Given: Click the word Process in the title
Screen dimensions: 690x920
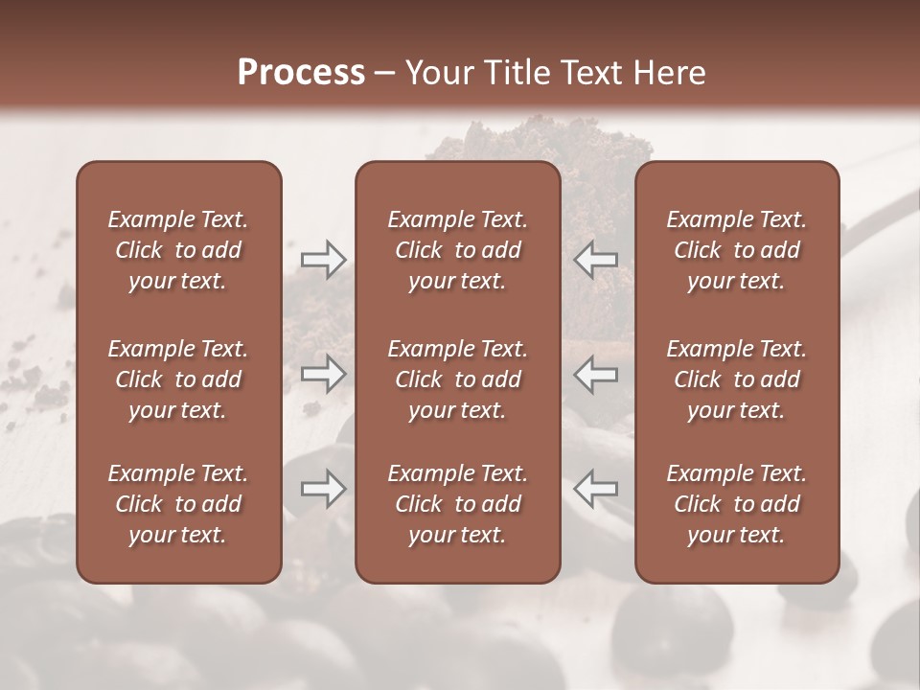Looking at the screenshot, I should (x=301, y=73).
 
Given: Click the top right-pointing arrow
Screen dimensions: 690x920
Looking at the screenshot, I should (x=323, y=259).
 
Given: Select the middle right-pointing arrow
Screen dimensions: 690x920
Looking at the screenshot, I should (x=323, y=374).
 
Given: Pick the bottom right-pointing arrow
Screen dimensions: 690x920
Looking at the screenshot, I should (x=323, y=489).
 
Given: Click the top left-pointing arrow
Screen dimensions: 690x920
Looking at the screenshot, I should (x=596, y=259).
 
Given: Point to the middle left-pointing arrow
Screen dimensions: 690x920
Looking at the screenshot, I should (x=596, y=374).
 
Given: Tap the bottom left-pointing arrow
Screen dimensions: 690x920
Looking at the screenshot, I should (x=596, y=489).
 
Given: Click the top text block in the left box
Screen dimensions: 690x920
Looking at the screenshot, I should (x=178, y=250).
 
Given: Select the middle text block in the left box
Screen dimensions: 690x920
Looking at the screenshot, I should (x=178, y=379).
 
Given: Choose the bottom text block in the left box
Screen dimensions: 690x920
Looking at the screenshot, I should (x=178, y=504).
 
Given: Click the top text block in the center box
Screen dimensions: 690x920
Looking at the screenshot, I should (x=457, y=250).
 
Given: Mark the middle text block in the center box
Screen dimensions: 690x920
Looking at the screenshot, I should (x=457, y=379).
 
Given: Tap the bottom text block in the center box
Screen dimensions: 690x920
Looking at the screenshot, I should (x=457, y=504).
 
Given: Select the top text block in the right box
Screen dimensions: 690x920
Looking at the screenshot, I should (x=736, y=250).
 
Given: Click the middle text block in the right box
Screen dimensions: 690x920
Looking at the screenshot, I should (x=736, y=379).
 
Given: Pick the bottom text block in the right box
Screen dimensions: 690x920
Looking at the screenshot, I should (x=736, y=504).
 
